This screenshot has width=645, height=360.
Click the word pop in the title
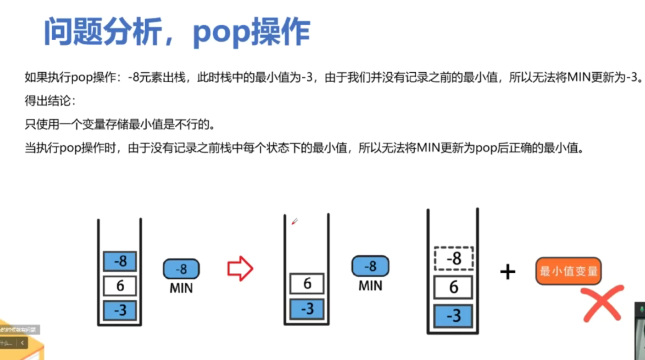tap(222, 33)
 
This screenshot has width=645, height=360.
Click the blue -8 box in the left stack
tap(120, 261)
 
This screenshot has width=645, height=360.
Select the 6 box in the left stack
tap(120, 286)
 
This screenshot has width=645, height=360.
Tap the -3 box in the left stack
tap(120, 310)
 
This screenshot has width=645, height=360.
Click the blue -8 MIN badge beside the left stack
tap(181, 269)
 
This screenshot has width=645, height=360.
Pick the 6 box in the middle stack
tap(307, 283)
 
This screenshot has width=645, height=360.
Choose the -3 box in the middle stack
tap(307, 309)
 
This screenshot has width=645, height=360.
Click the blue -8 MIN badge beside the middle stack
tap(370, 266)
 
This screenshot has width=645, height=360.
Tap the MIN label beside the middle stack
tap(370, 286)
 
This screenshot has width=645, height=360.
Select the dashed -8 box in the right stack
tap(454, 258)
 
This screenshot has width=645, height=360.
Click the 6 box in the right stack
tap(454, 287)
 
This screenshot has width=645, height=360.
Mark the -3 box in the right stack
tap(454, 316)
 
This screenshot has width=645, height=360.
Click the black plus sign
tap(508, 272)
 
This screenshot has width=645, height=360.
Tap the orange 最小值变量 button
tap(568, 271)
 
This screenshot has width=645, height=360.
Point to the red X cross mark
tap(602, 303)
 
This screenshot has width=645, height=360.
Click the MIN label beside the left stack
tap(181, 288)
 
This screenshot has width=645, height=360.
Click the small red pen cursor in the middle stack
tap(294, 222)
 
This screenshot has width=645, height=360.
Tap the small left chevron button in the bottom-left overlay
tap(22, 343)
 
